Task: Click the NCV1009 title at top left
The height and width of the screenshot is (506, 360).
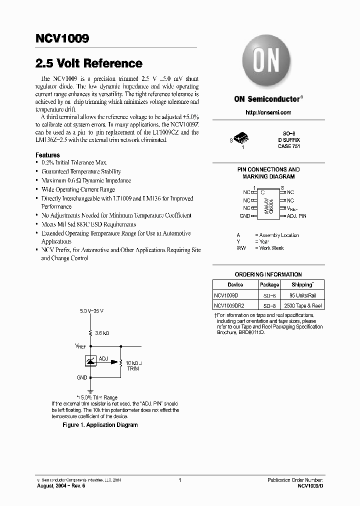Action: pyautogui.click(x=62, y=38)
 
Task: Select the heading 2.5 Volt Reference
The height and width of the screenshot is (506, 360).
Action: pyautogui.click(x=89, y=63)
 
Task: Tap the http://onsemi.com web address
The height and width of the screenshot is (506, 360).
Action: pyautogui.click(x=268, y=112)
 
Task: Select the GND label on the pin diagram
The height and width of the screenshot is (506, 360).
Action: pyautogui.click(x=244, y=216)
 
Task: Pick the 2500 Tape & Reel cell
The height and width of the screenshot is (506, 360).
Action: pyautogui.click(x=302, y=305)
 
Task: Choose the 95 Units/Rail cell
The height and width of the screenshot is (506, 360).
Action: pyautogui.click(x=302, y=295)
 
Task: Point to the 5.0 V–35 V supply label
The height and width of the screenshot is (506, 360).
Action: pyautogui.click(x=91, y=311)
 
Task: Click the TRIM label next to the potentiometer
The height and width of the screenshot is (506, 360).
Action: pyautogui.click(x=132, y=368)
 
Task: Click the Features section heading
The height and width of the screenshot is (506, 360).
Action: pyautogui.click(x=47, y=155)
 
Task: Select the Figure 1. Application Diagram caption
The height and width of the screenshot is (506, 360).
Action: pyautogui.click(x=99, y=425)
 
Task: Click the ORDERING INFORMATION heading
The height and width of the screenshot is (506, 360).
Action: pyautogui.click(x=268, y=274)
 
